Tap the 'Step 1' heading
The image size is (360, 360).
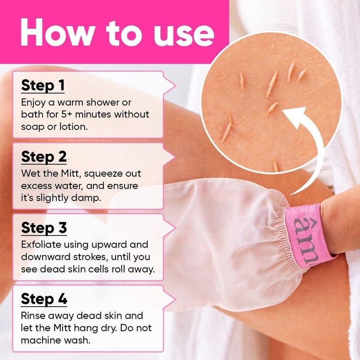(43, 86)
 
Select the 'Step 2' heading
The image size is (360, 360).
(44, 157)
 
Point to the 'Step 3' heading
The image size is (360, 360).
(44, 228)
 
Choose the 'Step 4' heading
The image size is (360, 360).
(44, 299)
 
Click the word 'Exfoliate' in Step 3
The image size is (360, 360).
(41, 245)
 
